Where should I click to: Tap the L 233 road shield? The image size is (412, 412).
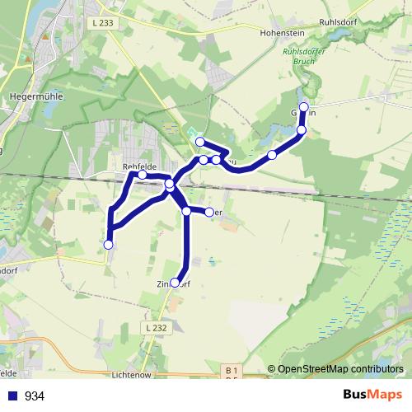[104, 23]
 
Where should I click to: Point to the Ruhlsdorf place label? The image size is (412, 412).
[341, 24]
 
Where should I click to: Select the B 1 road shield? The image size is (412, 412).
[232, 371]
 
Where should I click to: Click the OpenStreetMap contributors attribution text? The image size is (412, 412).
[340, 368]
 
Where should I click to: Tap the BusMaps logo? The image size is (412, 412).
[372, 395]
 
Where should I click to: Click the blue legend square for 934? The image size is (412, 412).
[13, 396]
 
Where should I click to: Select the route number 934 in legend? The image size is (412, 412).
[35, 396]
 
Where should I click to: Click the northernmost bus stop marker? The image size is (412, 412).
[303, 107]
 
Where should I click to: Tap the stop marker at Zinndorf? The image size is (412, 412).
[175, 283]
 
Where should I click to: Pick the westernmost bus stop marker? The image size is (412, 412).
[108, 244]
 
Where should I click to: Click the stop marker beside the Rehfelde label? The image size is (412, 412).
[143, 175]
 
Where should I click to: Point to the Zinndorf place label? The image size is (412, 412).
[174, 284]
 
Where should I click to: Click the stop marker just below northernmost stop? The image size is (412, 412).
[302, 130]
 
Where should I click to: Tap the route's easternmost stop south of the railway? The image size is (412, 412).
[209, 213]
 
